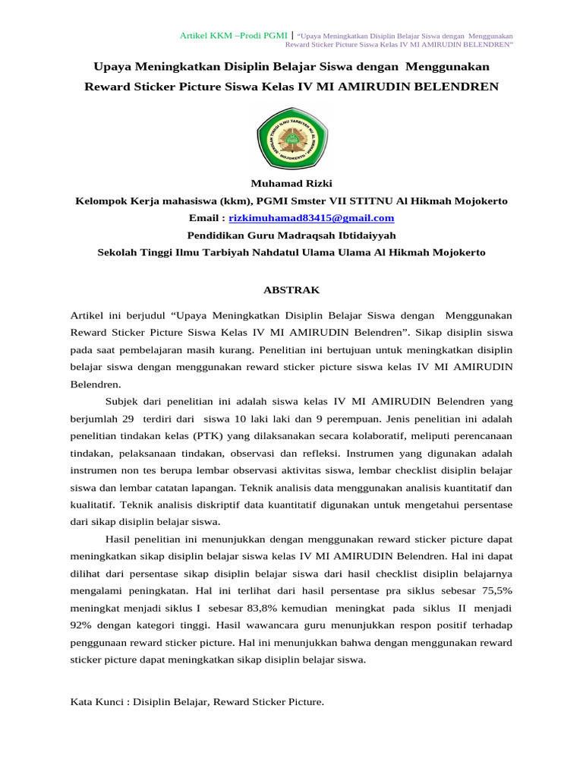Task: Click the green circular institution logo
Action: pos(291,137)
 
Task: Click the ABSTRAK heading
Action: pos(291,290)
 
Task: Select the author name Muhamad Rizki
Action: pos(291,183)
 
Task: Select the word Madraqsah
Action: pos(291,236)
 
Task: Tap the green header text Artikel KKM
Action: pos(206,36)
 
